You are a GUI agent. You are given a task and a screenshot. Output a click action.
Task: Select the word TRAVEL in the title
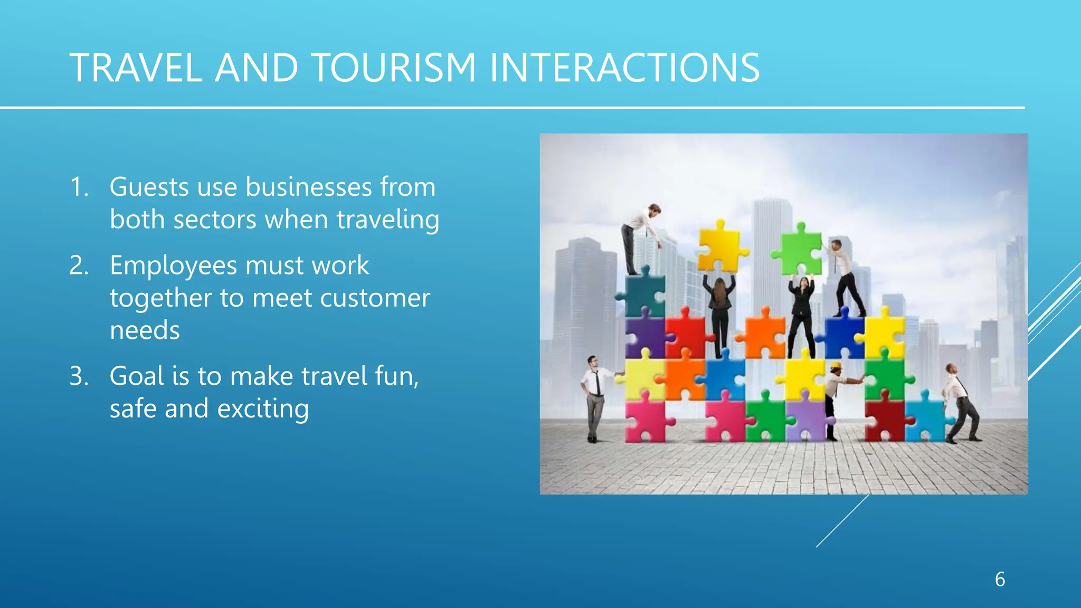click(x=136, y=68)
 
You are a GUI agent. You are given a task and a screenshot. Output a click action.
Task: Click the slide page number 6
click(x=1000, y=579)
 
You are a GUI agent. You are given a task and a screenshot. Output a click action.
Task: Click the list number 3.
click(x=79, y=376)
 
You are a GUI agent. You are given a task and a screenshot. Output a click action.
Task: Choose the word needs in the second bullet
click(x=145, y=330)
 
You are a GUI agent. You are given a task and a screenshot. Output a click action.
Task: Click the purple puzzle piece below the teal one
click(x=644, y=336)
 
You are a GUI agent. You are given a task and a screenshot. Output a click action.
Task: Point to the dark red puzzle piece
click(x=885, y=420)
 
